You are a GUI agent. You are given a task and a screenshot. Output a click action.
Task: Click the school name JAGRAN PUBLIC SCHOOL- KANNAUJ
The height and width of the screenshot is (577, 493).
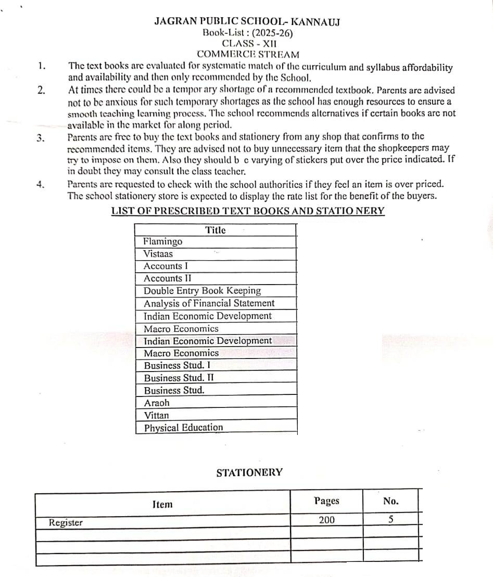(x=247, y=21)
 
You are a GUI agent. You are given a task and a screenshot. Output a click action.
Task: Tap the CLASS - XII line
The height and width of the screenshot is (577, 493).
(x=248, y=43)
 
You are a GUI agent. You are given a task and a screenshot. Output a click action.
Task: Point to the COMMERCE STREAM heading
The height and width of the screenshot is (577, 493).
(x=248, y=54)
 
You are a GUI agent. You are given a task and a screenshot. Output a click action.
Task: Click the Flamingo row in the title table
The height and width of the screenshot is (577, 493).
(x=163, y=241)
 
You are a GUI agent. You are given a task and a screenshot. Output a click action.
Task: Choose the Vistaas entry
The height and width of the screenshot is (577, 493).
(x=158, y=254)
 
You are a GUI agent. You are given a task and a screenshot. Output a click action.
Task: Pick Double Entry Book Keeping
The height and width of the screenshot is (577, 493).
(x=202, y=291)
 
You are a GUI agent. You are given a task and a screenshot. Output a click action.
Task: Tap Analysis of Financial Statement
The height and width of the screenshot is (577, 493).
(x=209, y=303)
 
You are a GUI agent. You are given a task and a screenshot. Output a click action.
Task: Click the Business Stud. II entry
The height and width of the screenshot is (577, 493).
(x=179, y=378)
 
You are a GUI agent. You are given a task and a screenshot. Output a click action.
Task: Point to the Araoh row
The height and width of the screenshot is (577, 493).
(x=157, y=403)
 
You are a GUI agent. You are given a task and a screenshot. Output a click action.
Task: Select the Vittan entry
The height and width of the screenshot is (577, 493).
(x=156, y=415)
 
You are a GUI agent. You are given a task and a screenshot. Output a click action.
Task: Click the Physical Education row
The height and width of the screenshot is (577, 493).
(x=183, y=428)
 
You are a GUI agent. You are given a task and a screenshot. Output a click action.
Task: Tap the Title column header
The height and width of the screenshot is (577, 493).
(x=215, y=230)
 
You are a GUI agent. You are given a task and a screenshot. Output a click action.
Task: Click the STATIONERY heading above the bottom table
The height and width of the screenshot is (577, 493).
(x=249, y=472)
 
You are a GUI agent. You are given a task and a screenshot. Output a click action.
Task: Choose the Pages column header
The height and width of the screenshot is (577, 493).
(x=326, y=501)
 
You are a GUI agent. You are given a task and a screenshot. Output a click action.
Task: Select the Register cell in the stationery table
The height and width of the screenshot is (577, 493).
(x=66, y=522)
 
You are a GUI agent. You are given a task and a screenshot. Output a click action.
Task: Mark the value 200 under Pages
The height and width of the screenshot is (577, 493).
(x=327, y=520)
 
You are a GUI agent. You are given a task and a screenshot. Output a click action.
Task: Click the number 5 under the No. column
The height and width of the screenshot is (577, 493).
(x=390, y=520)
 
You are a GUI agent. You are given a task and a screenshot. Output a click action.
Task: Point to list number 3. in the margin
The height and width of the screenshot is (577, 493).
(x=41, y=138)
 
